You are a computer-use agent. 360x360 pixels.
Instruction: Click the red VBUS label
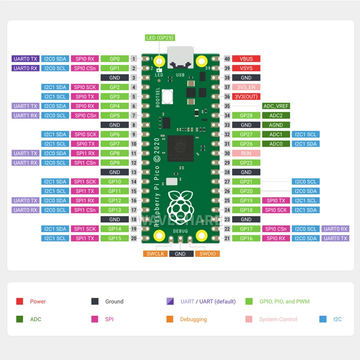tap(246, 59)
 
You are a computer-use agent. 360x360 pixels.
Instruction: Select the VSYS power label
tap(246, 68)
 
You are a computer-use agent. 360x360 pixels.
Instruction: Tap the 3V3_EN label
tap(246, 87)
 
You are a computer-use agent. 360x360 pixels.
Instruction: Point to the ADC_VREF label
tap(276, 106)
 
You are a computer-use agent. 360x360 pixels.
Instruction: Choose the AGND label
tap(276, 125)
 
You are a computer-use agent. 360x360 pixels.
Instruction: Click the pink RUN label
tap(246, 153)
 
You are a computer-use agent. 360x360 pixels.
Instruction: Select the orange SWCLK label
tap(155, 254)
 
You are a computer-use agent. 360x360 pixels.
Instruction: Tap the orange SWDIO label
tap(207, 254)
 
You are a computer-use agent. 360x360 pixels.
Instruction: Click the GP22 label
tap(246, 163)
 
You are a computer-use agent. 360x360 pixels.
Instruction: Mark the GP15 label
tap(114, 238)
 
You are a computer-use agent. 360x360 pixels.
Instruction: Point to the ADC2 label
tap(276, 116)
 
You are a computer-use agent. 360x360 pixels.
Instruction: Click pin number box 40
tap(227, 59)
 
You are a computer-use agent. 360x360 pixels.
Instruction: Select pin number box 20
tap(134, 238)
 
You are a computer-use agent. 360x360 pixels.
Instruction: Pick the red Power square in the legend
tap(20, 301)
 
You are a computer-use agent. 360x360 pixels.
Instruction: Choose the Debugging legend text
tap(193, 319)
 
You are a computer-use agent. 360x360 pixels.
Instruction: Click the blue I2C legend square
tap(323, 319)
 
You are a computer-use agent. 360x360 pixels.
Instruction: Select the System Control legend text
tap(278, 319)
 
